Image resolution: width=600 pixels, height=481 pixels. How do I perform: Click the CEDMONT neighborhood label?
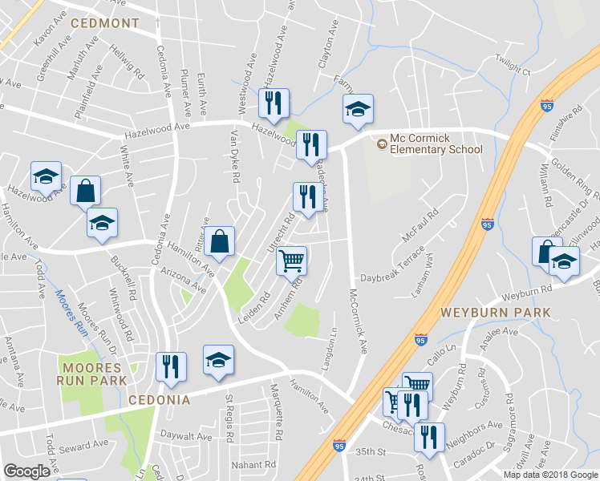coord(105,23)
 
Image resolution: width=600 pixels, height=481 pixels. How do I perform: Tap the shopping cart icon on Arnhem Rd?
coord(292,259)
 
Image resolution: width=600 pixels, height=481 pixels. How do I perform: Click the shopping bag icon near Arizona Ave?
coord(219,240)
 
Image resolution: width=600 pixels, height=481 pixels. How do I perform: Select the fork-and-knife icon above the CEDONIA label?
coord(171,366)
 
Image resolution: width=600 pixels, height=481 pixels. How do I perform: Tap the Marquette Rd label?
coord(278,414)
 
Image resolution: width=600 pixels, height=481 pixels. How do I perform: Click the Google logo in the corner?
coord(26,471)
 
